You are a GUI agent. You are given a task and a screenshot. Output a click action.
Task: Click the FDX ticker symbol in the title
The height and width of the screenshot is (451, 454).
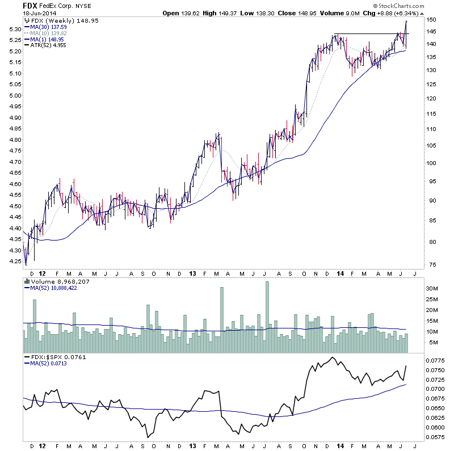tap(31, 5)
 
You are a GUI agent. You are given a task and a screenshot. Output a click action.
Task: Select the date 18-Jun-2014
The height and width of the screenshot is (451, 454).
tap(38, 14)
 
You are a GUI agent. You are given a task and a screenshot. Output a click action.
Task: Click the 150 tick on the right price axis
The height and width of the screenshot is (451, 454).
tap(432, 19)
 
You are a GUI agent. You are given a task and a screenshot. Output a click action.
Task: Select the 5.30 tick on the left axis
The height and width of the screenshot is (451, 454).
tap(15, 29)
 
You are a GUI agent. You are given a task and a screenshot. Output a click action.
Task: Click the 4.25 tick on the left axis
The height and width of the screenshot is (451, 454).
tap(15, 262)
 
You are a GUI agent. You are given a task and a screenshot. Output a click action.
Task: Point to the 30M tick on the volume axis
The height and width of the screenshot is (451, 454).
tap(432, 289)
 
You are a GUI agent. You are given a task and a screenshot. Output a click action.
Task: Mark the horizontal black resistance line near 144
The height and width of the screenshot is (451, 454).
tap(369, 34)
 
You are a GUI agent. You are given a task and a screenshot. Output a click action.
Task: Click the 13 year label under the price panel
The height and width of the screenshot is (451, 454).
tap(193, 273)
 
